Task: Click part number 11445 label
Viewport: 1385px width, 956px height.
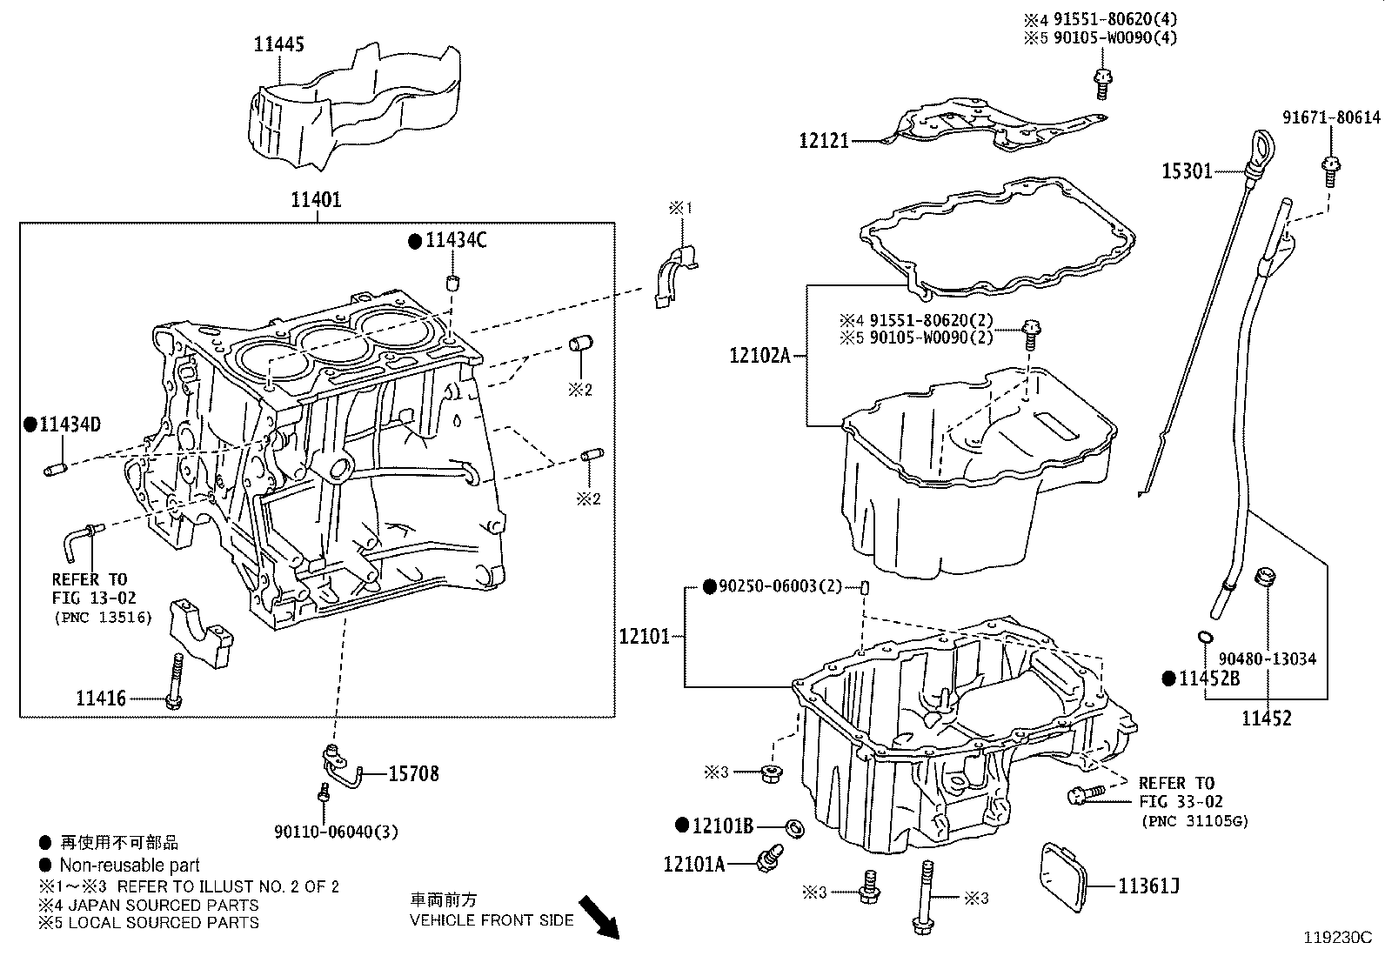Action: point(278,44)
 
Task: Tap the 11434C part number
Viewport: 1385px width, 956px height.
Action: point(455,241)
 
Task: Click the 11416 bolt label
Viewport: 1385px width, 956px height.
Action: point(100,699)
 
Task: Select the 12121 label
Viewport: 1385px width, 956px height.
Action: point(824,140)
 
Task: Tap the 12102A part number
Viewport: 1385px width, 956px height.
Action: point(759,355)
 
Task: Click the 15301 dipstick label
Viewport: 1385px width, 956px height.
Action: point(1187,171)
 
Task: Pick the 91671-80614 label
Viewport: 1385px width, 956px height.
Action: point(1331,117)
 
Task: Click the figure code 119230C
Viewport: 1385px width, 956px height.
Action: point(1336,938)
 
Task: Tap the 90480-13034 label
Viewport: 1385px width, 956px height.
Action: point(1267,659)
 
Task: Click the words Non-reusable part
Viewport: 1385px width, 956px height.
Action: point(130,866)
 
